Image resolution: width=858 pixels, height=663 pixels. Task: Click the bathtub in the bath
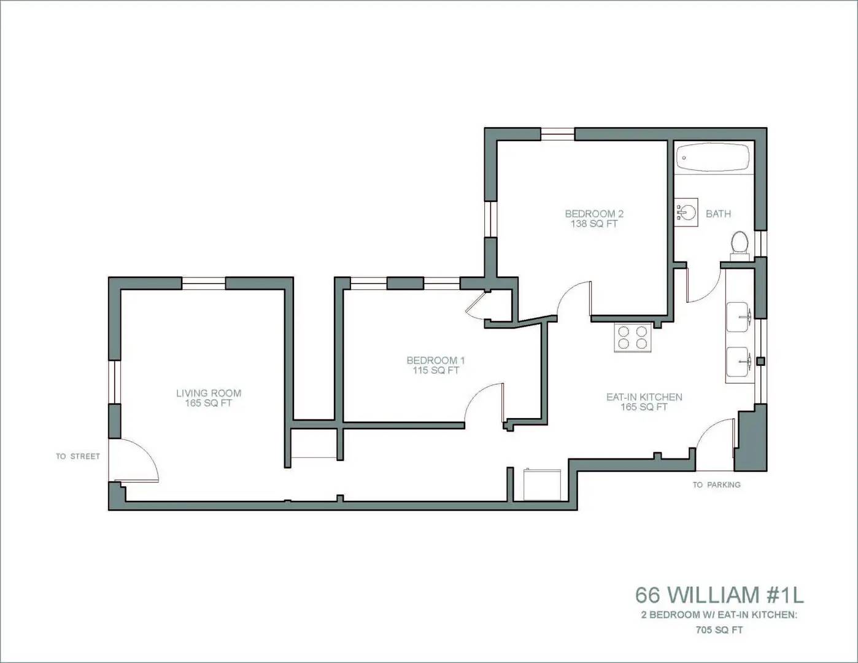point(713,158)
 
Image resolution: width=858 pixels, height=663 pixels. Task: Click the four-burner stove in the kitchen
point(633,337)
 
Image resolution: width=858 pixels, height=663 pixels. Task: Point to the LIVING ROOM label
point(209,393)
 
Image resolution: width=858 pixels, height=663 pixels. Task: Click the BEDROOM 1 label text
point(436,360)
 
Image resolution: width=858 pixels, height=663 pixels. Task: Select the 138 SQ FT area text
point(594,224)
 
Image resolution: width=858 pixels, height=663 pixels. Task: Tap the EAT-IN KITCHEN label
point(644,397)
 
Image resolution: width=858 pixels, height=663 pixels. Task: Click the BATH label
point(718,214)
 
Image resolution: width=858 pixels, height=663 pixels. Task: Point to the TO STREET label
point(77,456)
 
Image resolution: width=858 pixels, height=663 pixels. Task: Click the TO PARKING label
point(716,484)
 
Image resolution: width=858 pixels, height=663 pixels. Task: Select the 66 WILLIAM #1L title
point(719,595)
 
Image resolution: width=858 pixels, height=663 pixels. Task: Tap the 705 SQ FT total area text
point(719,630)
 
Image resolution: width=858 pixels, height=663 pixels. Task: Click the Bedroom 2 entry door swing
point(576,299)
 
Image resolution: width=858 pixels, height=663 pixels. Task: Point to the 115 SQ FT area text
point(436,371)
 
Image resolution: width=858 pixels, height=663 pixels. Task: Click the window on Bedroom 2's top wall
point(557,133)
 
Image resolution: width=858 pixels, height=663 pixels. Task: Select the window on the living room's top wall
point(204,283)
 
